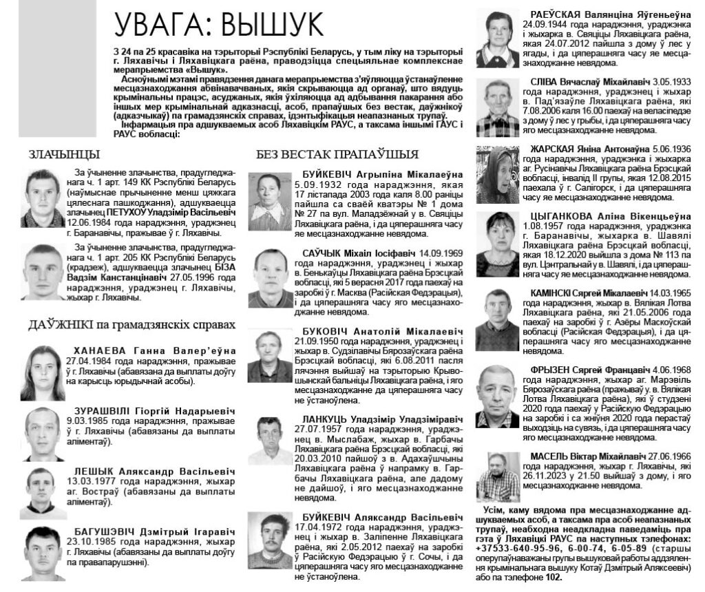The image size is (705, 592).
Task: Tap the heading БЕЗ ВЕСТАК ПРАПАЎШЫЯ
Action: pos(337,154)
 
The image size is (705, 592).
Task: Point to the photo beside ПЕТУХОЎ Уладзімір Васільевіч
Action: pos(43,198)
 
